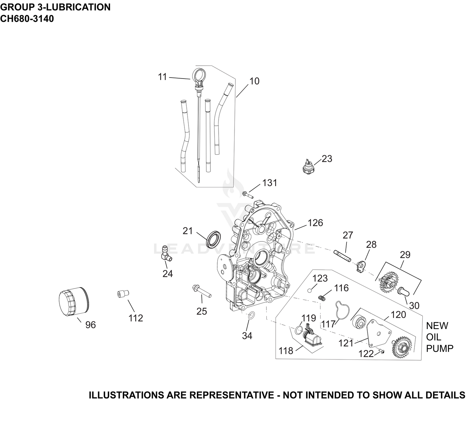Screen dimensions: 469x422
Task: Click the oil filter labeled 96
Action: [74, 302]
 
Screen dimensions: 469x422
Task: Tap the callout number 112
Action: [136, 318]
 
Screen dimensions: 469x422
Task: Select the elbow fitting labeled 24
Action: [166, 254]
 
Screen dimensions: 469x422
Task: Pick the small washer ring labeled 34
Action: [252, 315]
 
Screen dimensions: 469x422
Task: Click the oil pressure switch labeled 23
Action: [308, 167]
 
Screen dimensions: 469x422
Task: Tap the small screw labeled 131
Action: [248, 194]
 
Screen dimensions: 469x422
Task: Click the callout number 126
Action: [315, 223]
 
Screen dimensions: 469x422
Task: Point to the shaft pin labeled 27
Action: [342, 256]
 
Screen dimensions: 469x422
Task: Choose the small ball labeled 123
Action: [309, 291]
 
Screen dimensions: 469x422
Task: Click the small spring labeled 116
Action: [322, 298]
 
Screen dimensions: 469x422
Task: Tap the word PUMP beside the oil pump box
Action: [440, 348]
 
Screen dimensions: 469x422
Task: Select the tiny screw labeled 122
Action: [382, 351]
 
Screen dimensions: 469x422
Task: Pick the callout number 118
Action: [286, 351]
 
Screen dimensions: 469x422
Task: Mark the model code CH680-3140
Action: [27, 19]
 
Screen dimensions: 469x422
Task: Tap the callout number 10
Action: [254, 81]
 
